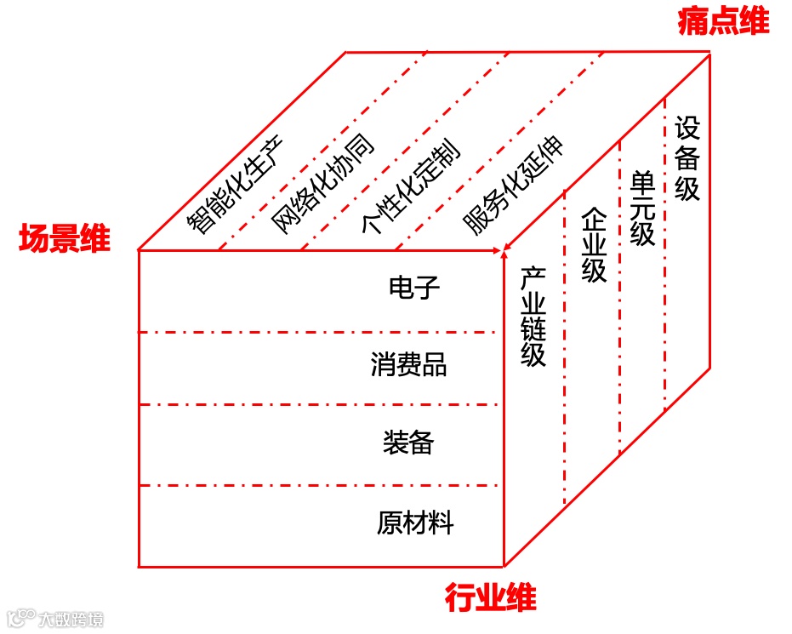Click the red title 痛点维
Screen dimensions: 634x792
click(723, 22)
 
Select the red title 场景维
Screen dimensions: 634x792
click(65, 240)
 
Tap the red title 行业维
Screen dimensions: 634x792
click(491, 598)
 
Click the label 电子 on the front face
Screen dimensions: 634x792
click(413, 288)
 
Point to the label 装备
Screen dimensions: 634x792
click(408, 443)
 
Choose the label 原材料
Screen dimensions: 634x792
click(415, 522)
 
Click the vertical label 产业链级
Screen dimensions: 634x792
click(533, 317)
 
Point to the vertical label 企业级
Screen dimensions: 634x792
click(594, 245)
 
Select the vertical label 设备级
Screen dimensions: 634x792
click(687, 159)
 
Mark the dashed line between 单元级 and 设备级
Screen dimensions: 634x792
click(665, 255)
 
